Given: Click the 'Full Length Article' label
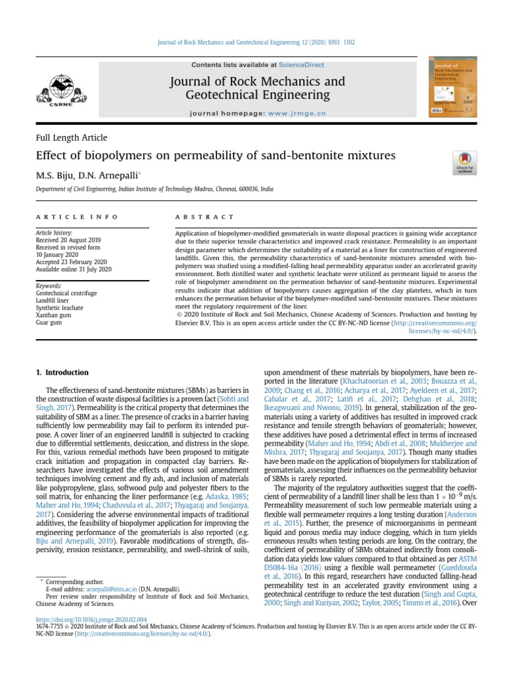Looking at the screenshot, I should point(71,138).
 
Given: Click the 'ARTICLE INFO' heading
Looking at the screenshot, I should point(78,217).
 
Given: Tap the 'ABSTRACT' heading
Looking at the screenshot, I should point(204,217).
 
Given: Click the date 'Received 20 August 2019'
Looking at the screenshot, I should point(68,241).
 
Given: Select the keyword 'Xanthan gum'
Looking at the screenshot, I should point(55,314).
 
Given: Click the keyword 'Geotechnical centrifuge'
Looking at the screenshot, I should point(66,292).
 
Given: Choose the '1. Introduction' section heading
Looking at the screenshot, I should point(57,373).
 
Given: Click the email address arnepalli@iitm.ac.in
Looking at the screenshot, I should point(112,590).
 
